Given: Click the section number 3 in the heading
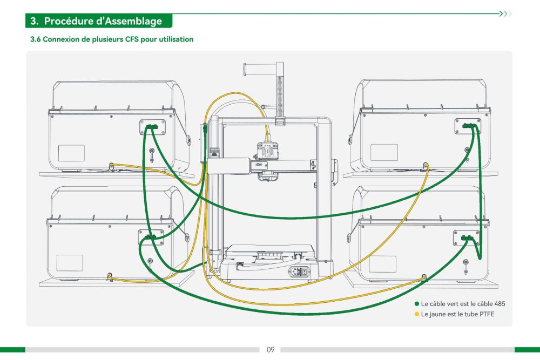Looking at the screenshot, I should pyautogui.click(x=33, y=22).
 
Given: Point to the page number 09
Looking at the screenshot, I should pyautogui.click(x=271, y=350).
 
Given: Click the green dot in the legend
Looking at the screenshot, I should pyautogui.click(x=417, y=304).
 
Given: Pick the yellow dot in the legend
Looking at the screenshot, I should pyautogui.click(x=417, y=314).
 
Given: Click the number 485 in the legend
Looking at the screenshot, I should pyautogui.click(x=500, y=304).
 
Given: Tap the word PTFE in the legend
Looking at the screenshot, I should pyautogui.click(x=487, y=314).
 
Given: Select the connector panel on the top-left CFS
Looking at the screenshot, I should pyautogui.click(x=152, y=127).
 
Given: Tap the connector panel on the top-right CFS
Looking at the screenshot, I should pyautogui.click(x=467, y=126).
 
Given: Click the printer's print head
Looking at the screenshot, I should pyautogui.click(x=266, y=152).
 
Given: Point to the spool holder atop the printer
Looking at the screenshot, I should pyautogui.click(x=262, y=69).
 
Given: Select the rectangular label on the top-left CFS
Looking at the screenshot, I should pyautogui.click(x=71, y=153).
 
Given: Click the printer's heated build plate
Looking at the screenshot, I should pyautogui.click(x=268, y=250).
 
